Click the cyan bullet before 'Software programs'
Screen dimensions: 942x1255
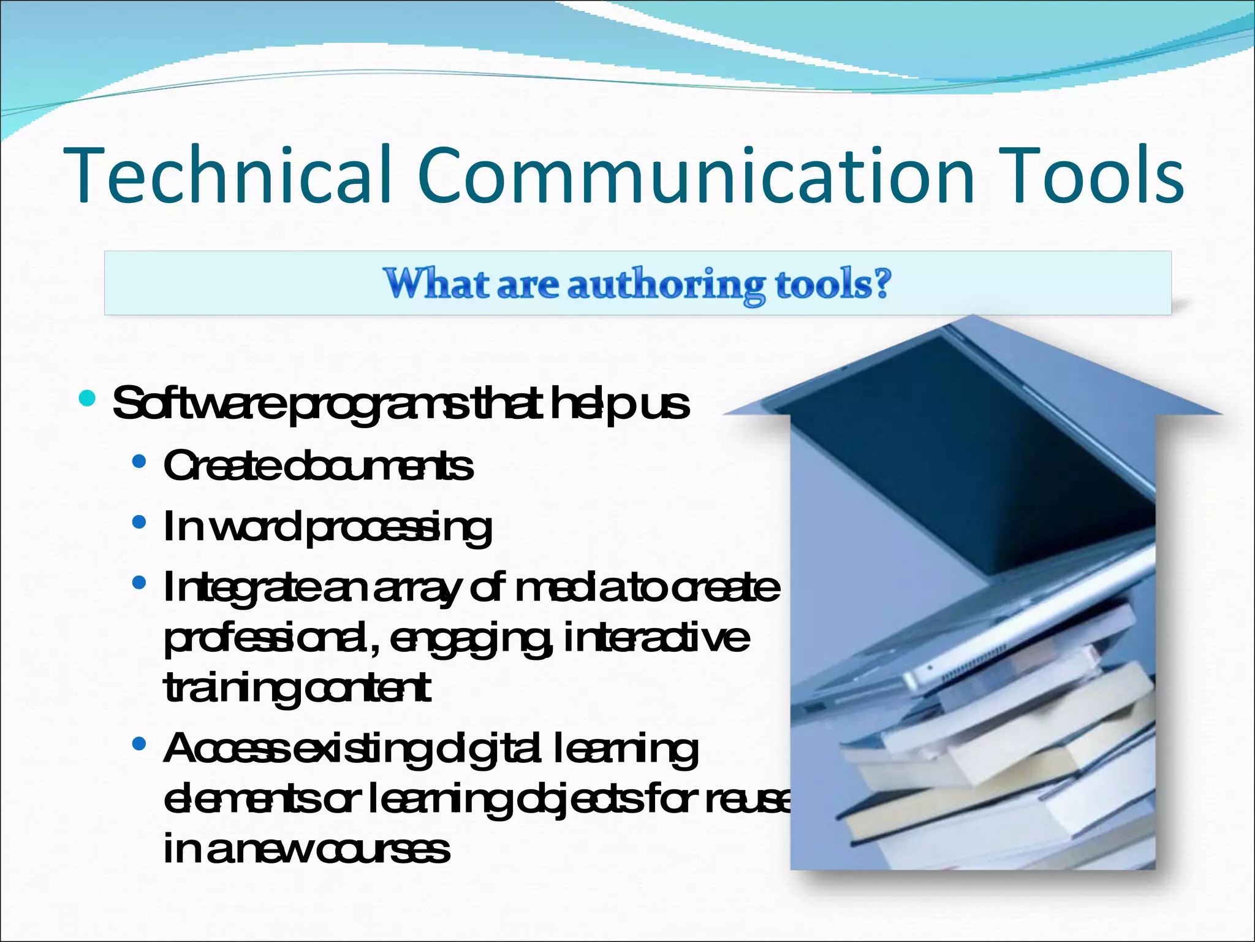coord(88,398)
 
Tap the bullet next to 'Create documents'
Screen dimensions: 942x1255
coord(139,461)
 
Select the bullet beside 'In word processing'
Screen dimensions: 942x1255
coord(139,522)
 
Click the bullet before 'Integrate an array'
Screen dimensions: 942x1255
coord(139,583)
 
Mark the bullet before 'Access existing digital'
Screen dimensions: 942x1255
coord(139,744)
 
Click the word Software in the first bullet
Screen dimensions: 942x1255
coord(199,404)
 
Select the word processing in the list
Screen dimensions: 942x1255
coord(398,527)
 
